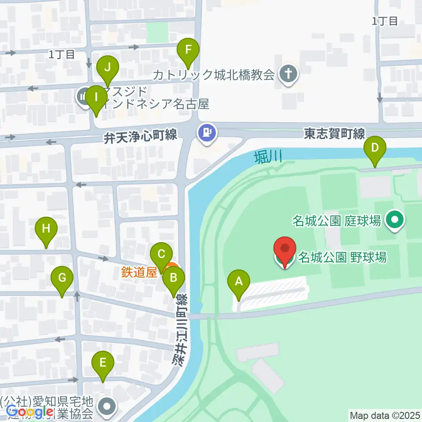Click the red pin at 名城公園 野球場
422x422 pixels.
point(285,250)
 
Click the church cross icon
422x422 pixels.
point(289,74)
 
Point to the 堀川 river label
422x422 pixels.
point(267,157)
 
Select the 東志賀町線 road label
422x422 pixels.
point(335,133)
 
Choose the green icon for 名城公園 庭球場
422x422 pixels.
point(395,221)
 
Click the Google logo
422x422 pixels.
point(29,412)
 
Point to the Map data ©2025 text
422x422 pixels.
point(385,415)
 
